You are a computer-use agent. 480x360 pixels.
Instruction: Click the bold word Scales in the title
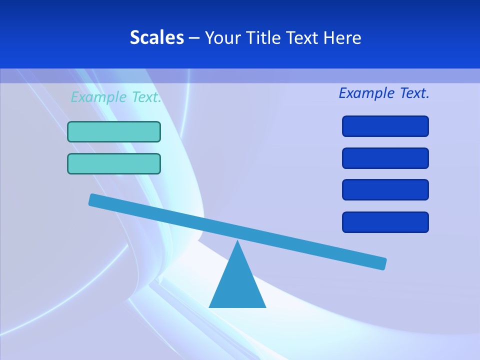[156, 37]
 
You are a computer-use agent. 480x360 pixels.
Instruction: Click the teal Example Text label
[116, 97]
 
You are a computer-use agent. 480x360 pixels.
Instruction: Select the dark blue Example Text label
[384, 93]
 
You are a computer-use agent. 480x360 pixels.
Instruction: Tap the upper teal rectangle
[114, 131]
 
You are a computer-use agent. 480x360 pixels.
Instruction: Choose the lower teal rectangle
[114, 163]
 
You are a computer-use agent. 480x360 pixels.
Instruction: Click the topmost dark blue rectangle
[385, 126]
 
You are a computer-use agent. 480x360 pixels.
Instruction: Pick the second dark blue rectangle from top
[385, 158]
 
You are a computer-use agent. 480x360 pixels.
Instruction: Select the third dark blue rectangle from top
[385, 189]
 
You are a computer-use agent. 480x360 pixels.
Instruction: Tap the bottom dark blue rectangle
[385, 222]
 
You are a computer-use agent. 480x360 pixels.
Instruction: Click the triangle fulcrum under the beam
[237, 285]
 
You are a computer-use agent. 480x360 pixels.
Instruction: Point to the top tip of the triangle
[237, 241]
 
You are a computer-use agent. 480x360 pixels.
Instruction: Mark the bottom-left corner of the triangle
[210, 306]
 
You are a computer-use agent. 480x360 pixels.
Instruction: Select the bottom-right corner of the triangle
[265, 306]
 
